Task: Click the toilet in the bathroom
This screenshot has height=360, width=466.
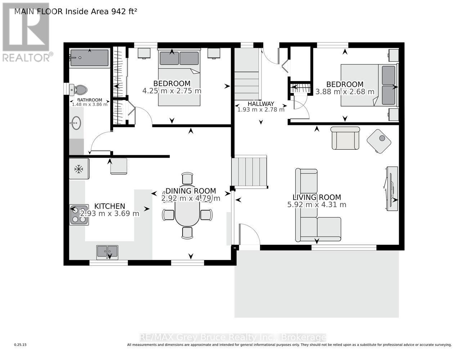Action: tap(78, 90)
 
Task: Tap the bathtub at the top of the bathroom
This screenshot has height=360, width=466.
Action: tap(89, 58)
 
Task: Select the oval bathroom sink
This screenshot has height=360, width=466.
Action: tap(76, 123)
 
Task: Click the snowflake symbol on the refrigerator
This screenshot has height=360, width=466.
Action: tap(79, 169)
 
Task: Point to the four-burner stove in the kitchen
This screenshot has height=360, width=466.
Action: tap(79, 215)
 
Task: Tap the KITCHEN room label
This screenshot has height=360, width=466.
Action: tap(109, 206)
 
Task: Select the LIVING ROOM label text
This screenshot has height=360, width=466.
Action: tap(317, 197)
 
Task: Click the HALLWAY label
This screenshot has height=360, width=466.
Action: tap(261, 104)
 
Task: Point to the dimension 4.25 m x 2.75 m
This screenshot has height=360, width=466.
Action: tap(172, 91)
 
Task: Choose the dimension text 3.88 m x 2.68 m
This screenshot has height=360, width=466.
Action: tap(345, 92)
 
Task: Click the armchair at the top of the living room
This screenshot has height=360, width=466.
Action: tap(345, 138)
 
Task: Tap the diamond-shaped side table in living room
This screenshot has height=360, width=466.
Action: tap(379, 141)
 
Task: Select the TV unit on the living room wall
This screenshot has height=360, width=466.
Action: tap(391, 189)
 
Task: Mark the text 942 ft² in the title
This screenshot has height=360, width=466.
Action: tap(124, 11)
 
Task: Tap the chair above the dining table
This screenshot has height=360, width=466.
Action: tap(187, 178)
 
